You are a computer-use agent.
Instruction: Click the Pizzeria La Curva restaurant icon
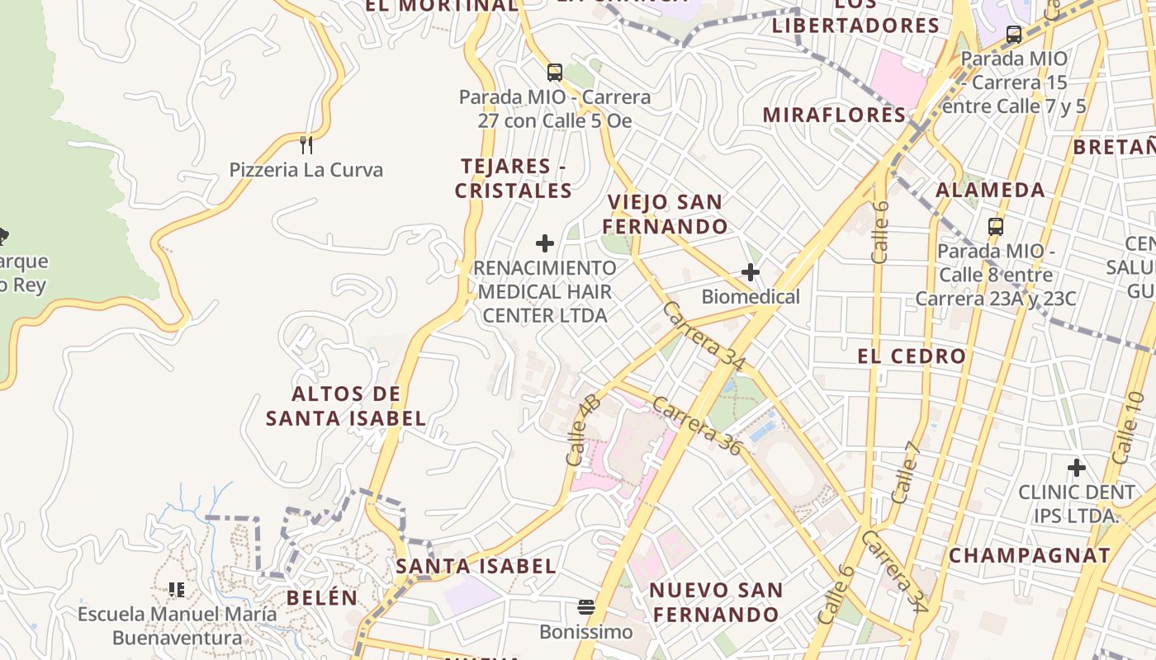[306, 145]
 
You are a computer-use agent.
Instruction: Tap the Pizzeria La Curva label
[306, 171]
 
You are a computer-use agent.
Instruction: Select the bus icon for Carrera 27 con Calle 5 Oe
[555, 73]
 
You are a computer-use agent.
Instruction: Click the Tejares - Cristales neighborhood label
[514, 178]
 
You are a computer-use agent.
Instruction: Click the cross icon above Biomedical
[751, 272]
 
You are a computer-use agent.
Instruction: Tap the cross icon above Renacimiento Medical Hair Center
[545, 243]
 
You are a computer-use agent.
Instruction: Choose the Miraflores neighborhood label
[834, 115]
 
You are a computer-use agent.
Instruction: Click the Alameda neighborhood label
[990, 190]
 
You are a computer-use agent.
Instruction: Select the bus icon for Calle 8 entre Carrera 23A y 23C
[996, 227]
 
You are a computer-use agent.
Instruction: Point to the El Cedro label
[912, 356]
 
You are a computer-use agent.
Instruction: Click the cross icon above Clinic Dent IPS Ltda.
[1076, 469]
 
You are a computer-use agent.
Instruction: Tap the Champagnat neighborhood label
[1030, 555]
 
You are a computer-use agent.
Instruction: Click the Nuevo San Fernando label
[715, 602]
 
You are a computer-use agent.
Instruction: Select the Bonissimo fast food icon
[586, 609]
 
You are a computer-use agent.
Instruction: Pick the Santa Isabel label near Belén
[476, 566]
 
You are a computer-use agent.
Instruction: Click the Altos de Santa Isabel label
[346, 406]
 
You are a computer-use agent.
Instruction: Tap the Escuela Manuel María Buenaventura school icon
[177, 589]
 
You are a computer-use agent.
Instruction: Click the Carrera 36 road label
[698, 425]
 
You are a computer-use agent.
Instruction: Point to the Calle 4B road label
[583, 429]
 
